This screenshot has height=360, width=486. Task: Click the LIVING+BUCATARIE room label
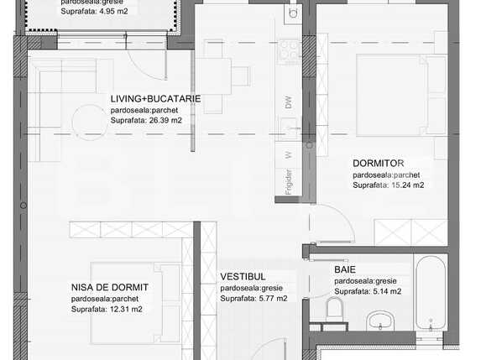[155, 98]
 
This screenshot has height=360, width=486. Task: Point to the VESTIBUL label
[243, 276]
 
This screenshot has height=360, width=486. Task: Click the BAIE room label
[345, 269]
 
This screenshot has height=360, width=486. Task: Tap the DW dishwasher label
[288, 103]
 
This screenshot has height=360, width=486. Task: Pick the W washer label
[288, 154]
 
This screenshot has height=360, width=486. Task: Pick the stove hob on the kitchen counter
[290, 50]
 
